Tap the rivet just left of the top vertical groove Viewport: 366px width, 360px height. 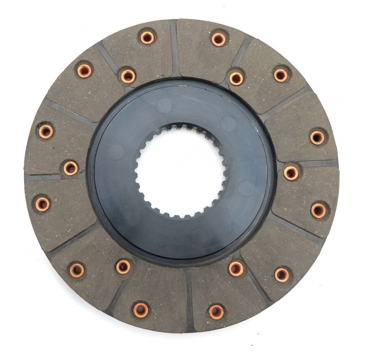147,38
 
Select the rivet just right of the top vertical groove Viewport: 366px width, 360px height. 219,38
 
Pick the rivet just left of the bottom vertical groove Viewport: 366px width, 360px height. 141,310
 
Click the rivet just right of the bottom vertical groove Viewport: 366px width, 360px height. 216,312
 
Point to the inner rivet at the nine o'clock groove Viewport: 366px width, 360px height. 70,168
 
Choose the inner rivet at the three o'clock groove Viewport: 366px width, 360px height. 291,172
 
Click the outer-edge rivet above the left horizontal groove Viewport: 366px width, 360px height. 45,131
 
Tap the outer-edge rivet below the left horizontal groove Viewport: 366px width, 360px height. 43,204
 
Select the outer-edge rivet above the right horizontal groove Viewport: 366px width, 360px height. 318,137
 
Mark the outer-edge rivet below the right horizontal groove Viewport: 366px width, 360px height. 319,210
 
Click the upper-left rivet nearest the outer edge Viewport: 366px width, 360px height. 84,70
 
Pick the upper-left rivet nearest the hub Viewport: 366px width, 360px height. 128,76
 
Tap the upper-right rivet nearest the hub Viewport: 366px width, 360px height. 237,78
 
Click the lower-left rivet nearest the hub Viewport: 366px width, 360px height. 123,267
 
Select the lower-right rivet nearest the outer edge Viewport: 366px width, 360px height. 282,274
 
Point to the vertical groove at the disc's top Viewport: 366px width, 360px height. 174,48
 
